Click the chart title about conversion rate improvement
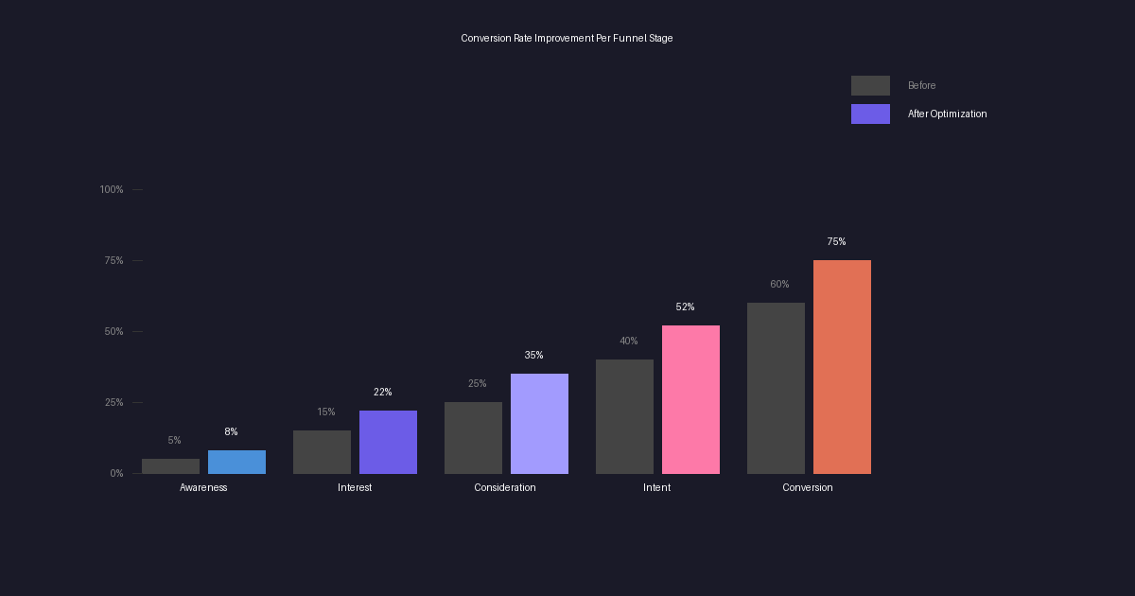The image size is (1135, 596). click(x=567, y=39)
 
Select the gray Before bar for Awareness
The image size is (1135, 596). click(x=170, y=466)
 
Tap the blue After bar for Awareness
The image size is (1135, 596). click(x=236, y=462)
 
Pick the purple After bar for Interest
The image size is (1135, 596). click(x=388, y=442)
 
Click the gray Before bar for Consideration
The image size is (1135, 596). click(x=473, y=438)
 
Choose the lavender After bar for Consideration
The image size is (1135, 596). click(x=539, y=424)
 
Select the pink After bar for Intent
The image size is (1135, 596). click(x=690, y=399)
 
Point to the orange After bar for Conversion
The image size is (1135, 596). click(x=842, y=367)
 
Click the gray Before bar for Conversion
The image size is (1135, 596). click(x=776, y=388)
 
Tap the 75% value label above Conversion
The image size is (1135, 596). click(x=836, y=242)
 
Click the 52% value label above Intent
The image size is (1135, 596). click(x=685, y=307)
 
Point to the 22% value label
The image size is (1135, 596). click(x=382, y=393)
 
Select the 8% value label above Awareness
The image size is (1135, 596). click(x=231, y=432)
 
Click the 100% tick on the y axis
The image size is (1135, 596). click(x=112, y=190)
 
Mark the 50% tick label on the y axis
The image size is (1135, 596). click(x=113, y=332)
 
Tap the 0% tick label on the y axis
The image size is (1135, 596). click(x=116, y=474)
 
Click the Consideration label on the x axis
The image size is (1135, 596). click(x=505, y=488)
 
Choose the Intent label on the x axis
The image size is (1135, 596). click(x=656, y=488)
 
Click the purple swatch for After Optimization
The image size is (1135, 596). click(x=870, y=114)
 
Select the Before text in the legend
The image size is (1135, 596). click(x=921, y=86)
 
